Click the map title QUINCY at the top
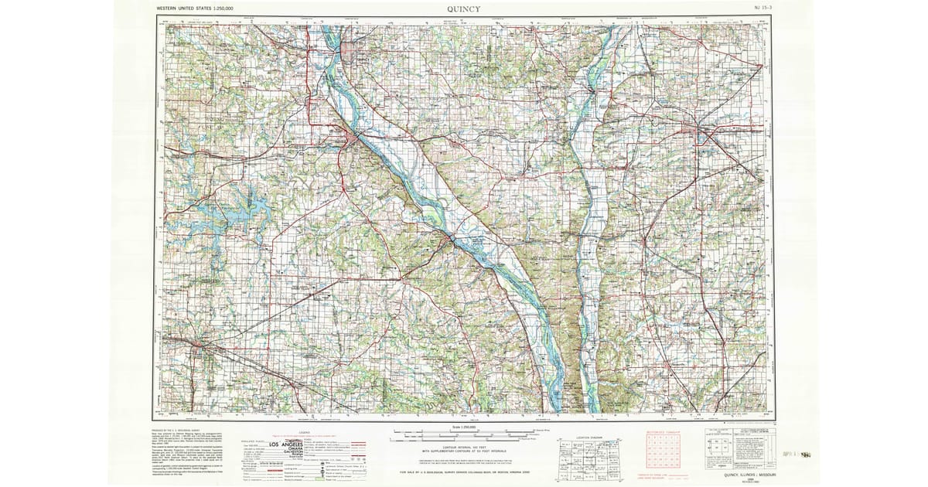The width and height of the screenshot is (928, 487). click(x=463, y=9)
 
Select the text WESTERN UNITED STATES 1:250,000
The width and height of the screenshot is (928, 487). click(x=196, y=8)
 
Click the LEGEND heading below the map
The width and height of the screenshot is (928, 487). click(x=304, y=431)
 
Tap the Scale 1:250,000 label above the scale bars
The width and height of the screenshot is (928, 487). click(x=463, y=427)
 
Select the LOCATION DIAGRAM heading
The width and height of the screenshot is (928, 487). click(x=589, y=437)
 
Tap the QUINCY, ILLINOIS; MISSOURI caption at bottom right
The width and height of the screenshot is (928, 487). click(x=738, y=473)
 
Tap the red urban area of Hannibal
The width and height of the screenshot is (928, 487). click(x=355, y=140)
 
